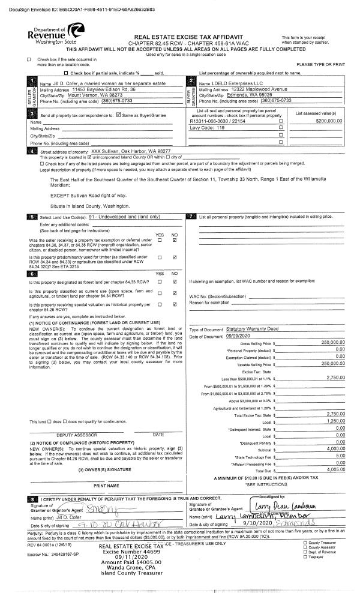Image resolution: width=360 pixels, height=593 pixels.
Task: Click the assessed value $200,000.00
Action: tap(328, 121)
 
